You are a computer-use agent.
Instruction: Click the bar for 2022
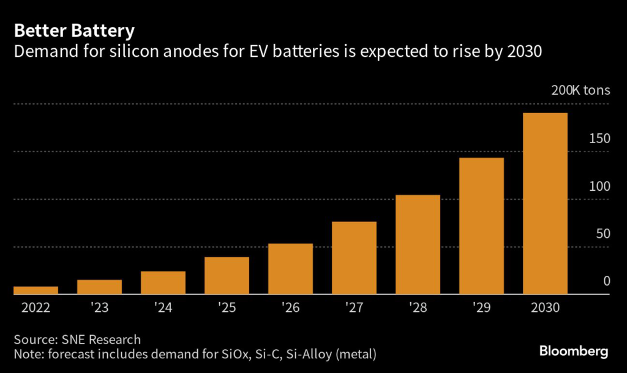click(x=36, y=290)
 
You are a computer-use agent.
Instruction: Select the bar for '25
click(x=227, y=276)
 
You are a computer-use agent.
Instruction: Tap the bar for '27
click(x=354, y=258)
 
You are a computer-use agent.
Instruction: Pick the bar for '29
click(x=481, y=226)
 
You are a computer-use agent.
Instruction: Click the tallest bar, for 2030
click(x=545, y=204)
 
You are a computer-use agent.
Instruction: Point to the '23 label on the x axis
click(x=99, y=308)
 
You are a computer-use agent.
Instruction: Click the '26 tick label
click(x=290, y=308)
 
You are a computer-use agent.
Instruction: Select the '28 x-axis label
click(x=418, y=308)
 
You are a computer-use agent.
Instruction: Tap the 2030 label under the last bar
click(x=545, y=308)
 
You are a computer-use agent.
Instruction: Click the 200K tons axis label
click(x=580, y=91)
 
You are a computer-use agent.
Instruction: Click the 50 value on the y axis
click(x=603, y=234)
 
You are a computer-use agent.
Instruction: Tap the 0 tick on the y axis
click(x=606, y=281)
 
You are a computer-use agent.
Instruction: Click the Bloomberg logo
click(x=574, y=352)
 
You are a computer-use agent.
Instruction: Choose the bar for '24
click(x=163, y=283)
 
